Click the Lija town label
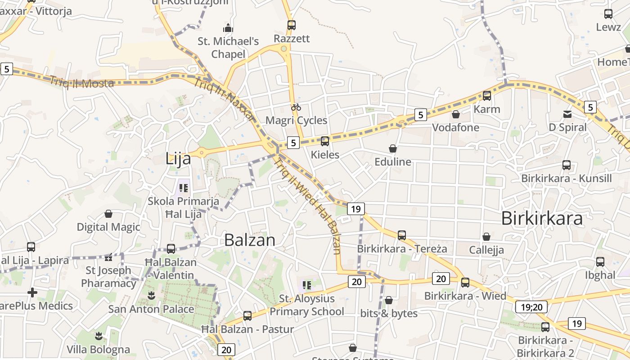click(x=178, y=158)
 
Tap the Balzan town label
click(x=249, y=240)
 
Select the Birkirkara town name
click(x=542, y=218)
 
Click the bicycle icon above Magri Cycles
click(x=296, y=107)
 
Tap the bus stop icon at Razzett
click(x=292, y=25)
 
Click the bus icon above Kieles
click(x=325, y=141)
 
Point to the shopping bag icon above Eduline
click(x=393, y=148)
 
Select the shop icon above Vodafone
click(x=456, y=114)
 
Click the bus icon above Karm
click(x=487, y=95)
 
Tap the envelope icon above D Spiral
click(x=567, y=114)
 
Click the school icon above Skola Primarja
click(x=183, y=187)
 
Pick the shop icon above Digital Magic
click(x=108, y=214)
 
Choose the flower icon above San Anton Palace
click(x=151, y=296)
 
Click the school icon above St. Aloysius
click(x=307, y=284)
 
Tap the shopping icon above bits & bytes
click(x=389, y=300)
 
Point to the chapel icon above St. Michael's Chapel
click(x=228, y=28)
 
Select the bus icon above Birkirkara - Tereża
click(x=402, y=235)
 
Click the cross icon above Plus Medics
click(x=32, y=293)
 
